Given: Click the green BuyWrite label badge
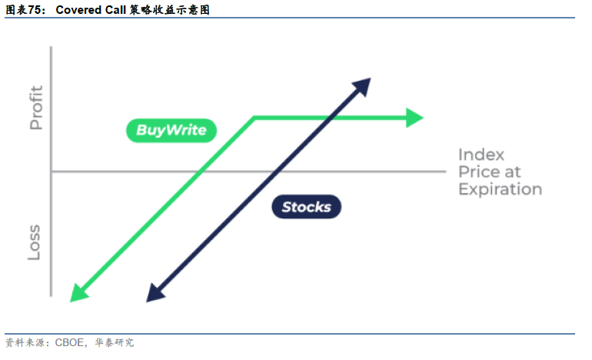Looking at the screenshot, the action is pyautogui.click(x=171, y=130).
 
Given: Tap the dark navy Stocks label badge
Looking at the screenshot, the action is pyautogui.click(x=306, y=207).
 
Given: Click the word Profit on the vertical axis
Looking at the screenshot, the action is pyautogui.click(x=36, y=108).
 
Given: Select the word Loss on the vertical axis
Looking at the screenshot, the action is pyautogui.click(x=34, y=242).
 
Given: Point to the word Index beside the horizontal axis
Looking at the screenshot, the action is pyautogui.click(x=481, y=155).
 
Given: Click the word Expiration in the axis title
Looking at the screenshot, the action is pyautogui.click(x=501, y=189).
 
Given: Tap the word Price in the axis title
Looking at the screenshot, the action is pyautogui.click(x=478, y=172).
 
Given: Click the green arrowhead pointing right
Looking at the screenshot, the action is pyautogui.click(x=414, y=118).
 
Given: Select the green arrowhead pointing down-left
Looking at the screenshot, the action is pyautogui.click(x=79, y=294).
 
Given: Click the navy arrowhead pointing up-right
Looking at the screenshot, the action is pyautogui.click(x=362, y=86).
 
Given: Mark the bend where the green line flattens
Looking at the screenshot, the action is pyautogui.click(x=254, y=118).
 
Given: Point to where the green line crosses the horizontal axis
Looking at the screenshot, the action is pyautogui.click(x=201, y=172).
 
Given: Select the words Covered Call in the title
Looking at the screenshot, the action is pyautogui.click(x=91, y=10).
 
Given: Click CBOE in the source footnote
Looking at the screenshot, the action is pyautogui.click(x=69, y=342).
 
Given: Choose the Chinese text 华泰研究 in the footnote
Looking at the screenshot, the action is pyautogui.click(x=115, y=342).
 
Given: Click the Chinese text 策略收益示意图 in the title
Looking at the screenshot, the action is pyautogui.click(x=169, y=10).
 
